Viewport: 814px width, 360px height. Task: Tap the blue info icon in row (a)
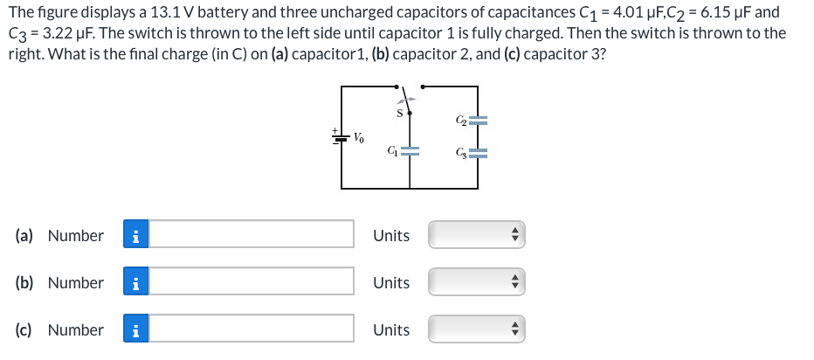[x=134, y=234]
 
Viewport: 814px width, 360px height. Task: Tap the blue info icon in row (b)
[x=134, y=282]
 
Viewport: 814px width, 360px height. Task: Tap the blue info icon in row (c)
[x=134, y=329]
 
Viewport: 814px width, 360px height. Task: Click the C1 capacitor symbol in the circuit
[x=410, y=151]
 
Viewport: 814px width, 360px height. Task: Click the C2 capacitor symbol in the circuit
[x=477, y=121]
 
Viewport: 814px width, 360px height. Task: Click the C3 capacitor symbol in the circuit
[x=477, y=156]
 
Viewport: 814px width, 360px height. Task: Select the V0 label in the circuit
[x=359, y=137]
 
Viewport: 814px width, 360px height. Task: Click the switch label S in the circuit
[x=399, y=112]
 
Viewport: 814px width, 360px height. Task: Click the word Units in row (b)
[x=390, y=282]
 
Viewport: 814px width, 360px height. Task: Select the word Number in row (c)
[x=75, y=329]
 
